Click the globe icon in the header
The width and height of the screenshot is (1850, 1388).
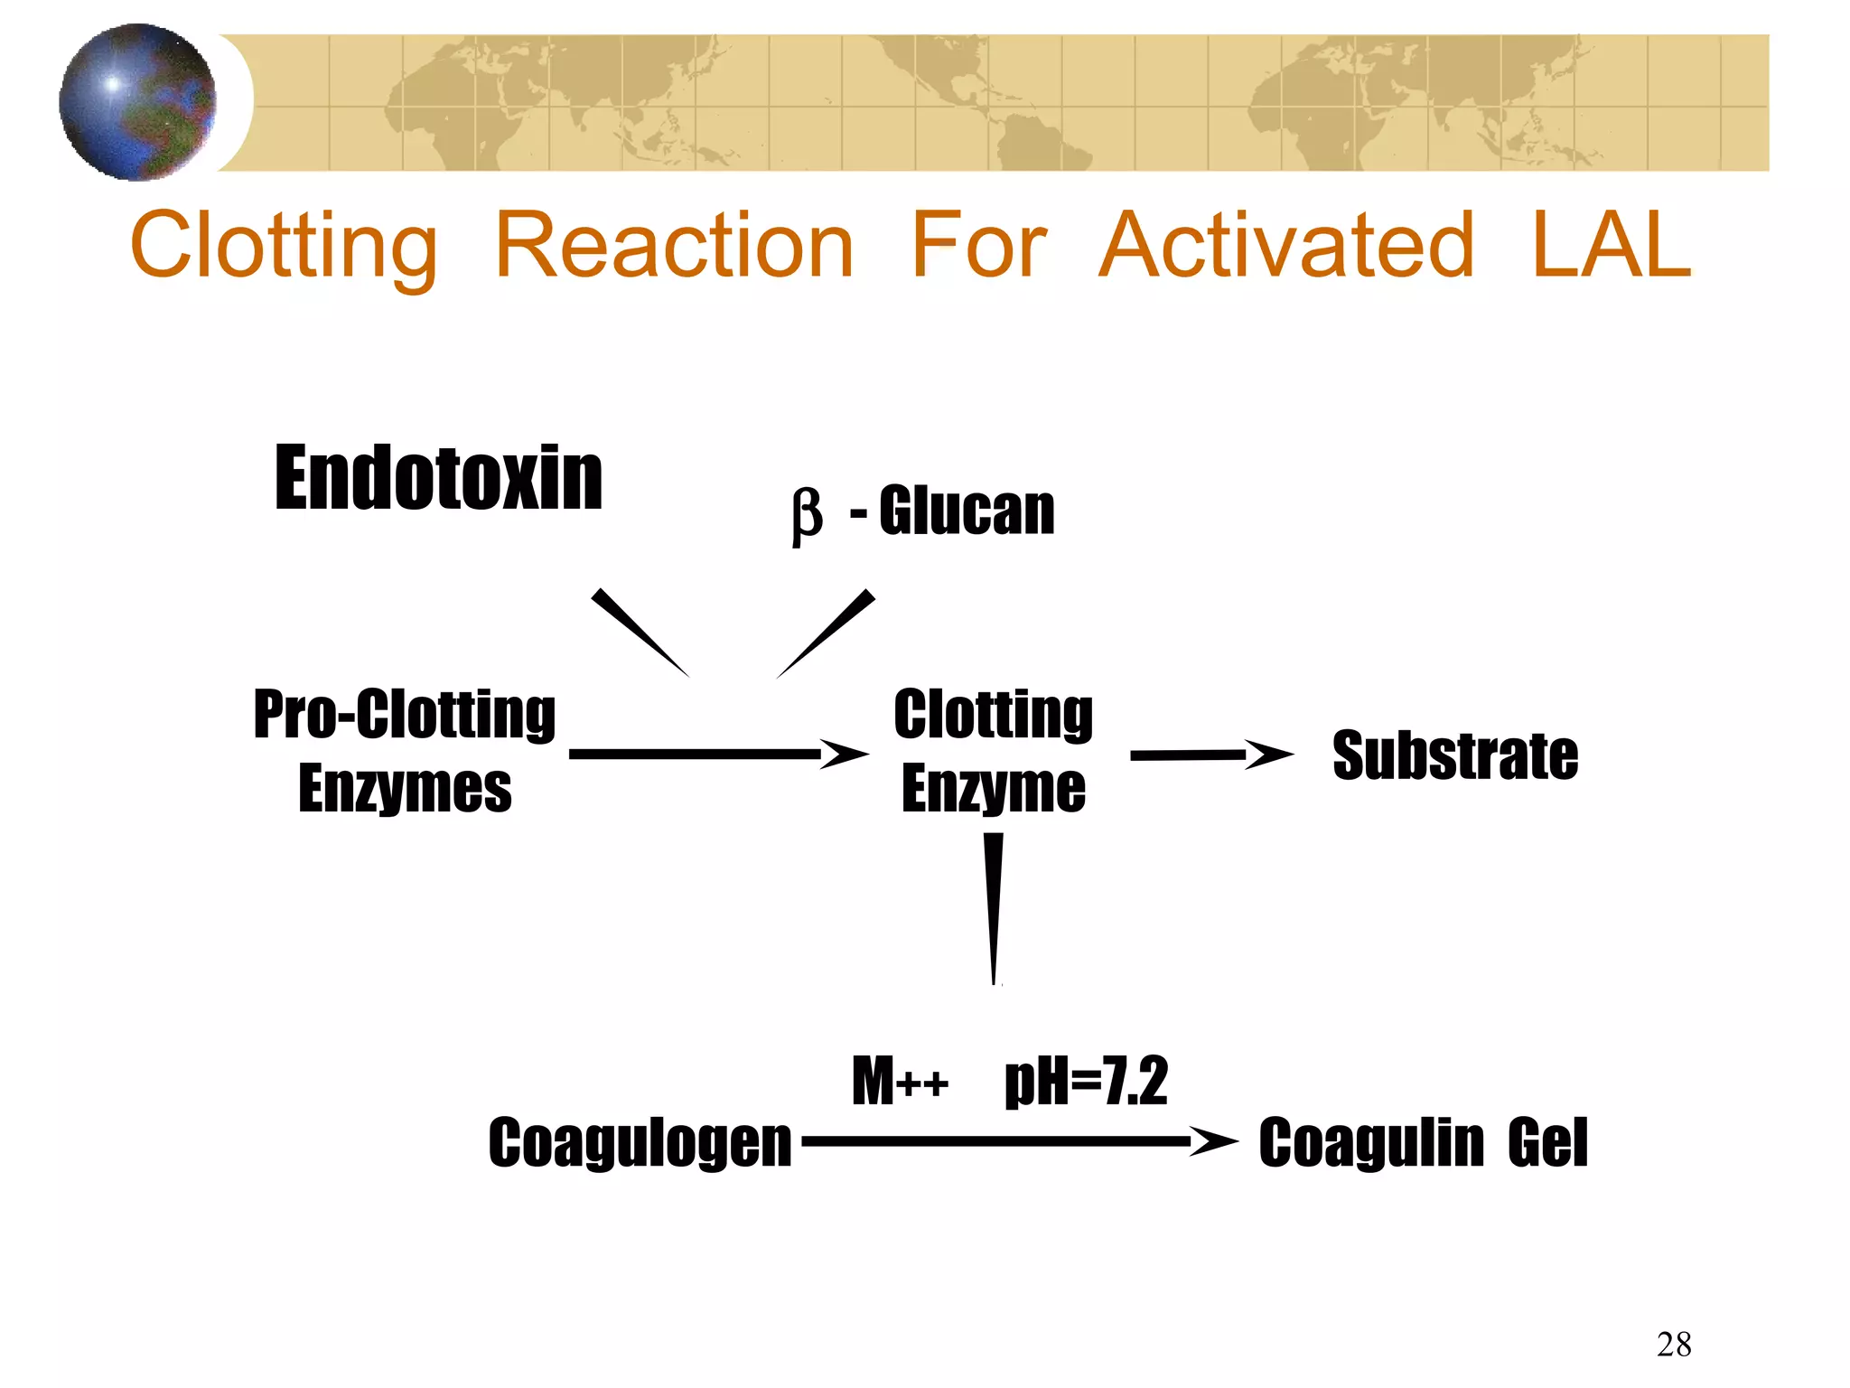click(137, 102)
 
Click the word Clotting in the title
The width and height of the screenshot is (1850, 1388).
click(284, 246)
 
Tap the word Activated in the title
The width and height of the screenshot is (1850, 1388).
click(1287, 246)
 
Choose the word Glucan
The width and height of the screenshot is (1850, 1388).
click(967, 511)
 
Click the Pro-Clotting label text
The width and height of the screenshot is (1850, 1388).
click(404, 715)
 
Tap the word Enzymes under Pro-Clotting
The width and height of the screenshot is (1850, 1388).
click(405, 789)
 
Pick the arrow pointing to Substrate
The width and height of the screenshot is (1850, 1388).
click(1210, 755)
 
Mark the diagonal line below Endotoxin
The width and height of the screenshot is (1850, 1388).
click(640, 633)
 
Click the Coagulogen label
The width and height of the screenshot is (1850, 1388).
click(640, 1143)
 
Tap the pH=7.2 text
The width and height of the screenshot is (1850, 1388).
click(1086, 1081)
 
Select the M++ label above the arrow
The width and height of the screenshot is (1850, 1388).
click(900, 1081)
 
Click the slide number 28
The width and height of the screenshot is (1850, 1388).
click(1673, 1345)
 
